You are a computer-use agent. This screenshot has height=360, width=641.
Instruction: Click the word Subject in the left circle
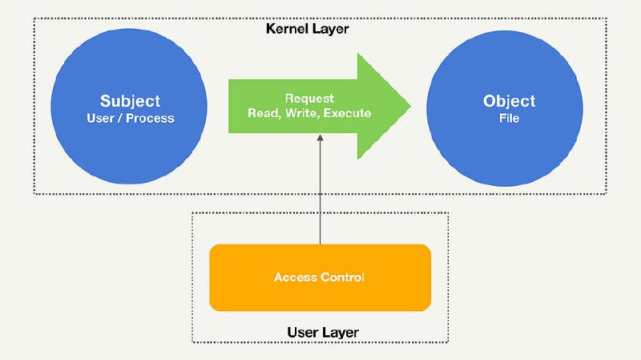130,102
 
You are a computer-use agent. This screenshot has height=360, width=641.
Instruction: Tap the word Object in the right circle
509,101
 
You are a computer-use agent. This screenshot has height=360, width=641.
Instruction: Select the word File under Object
509,118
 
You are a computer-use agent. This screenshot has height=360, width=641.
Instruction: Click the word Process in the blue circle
150,118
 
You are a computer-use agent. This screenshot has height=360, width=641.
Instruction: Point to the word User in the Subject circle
101,118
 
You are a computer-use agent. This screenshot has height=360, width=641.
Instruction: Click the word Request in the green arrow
309,99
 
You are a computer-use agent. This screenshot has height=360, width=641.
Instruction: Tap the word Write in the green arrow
303,113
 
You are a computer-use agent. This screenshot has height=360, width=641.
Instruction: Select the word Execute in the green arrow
347,113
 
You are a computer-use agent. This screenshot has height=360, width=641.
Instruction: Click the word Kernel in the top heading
285,29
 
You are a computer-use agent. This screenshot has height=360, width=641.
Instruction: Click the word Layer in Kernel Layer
329,30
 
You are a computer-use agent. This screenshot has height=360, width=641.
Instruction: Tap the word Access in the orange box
296,277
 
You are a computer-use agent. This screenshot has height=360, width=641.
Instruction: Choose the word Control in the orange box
342,277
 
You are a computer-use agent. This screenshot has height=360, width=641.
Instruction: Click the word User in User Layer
302,332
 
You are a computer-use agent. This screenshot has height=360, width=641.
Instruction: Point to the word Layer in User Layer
338,333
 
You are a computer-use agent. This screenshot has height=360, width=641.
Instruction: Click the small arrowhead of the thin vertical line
320,138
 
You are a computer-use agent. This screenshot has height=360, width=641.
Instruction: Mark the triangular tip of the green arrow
410,106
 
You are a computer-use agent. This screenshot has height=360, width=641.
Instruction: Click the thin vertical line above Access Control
320,189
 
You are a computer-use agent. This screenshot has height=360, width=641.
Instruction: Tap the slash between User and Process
120,118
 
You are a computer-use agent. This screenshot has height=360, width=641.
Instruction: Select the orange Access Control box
320,277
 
